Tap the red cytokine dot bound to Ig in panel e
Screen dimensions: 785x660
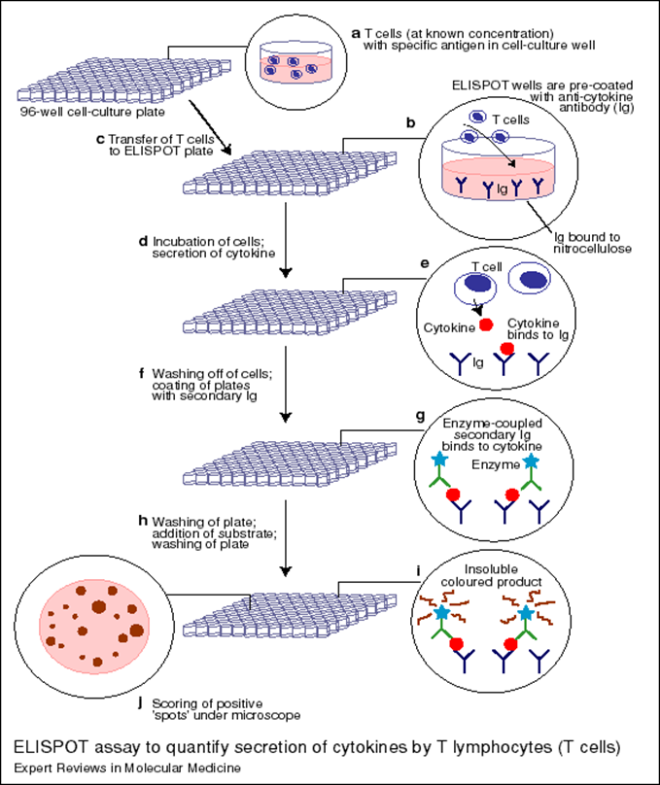(507, 347)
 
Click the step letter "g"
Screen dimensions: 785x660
(419, 416)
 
